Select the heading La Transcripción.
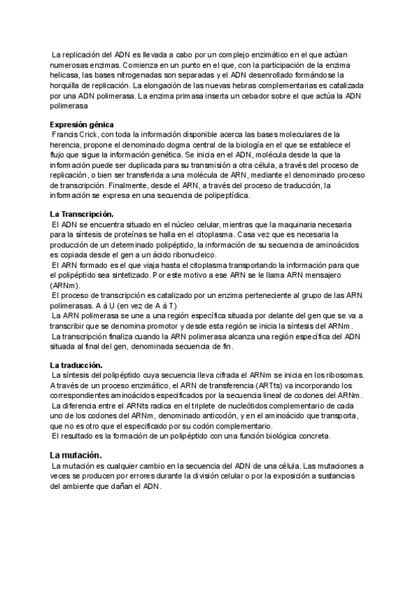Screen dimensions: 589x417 tap(81, 214)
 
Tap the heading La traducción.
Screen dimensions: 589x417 tap(76, 365)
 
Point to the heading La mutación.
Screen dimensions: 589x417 tap(76, 454)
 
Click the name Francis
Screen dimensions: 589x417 tap(68, 134)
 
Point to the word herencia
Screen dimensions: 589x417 tap(67, 144)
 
